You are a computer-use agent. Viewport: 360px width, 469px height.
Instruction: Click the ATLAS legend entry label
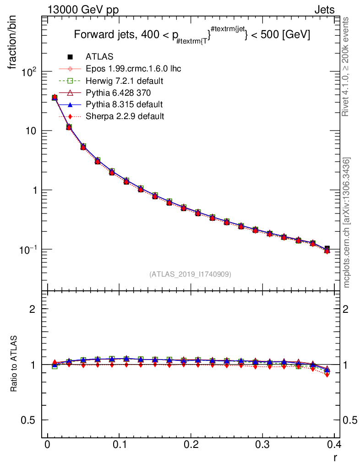[99, 57]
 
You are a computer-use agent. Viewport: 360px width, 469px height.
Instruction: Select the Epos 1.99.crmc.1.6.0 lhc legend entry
[133, 69]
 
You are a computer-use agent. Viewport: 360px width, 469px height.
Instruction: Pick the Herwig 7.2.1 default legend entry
[125, 81]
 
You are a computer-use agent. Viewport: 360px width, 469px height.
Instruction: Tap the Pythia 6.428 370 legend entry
[118, 93]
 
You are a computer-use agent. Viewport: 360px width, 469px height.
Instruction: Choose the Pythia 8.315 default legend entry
[124, 104]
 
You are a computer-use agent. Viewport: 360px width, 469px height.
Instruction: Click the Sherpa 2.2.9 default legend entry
[125, 116]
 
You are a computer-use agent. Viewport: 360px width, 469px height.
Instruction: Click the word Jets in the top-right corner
[324, 10]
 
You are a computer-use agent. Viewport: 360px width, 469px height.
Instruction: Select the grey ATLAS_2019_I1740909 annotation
[190, 274]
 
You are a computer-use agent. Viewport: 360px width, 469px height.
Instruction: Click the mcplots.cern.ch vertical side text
[347, 222]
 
